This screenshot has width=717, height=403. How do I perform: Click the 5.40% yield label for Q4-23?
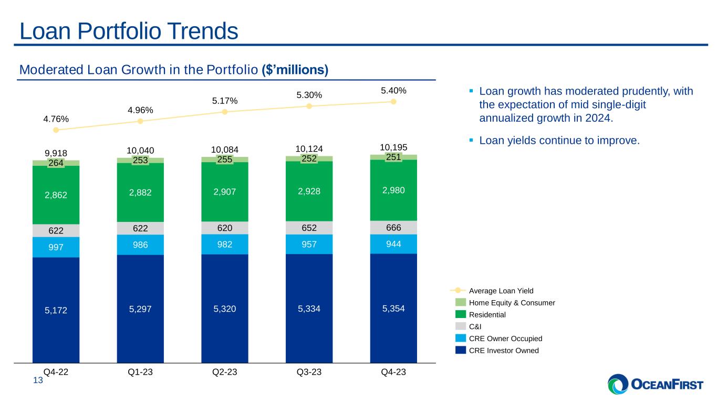click(393, 91)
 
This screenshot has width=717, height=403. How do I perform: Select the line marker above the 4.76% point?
click(56, 130)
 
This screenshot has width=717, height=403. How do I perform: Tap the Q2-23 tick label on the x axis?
click(225, 372)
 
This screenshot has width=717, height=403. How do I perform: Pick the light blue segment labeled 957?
click(309, 245)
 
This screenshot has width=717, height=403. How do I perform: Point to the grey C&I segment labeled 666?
click(393, 227)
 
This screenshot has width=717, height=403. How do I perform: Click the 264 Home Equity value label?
click(56, 163)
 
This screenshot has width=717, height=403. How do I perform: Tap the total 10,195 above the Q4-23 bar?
click(393, 147)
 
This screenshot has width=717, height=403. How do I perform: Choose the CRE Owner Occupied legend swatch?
click(460, 338)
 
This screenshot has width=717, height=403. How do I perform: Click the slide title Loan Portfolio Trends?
click(129, 31)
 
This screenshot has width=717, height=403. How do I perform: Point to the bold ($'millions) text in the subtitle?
click(295, 69)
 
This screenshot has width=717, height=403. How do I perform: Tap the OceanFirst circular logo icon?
click(618, 384)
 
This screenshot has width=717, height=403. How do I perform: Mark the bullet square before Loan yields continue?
click(471, 140)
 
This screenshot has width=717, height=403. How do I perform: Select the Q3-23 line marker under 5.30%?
click(309, 106)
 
